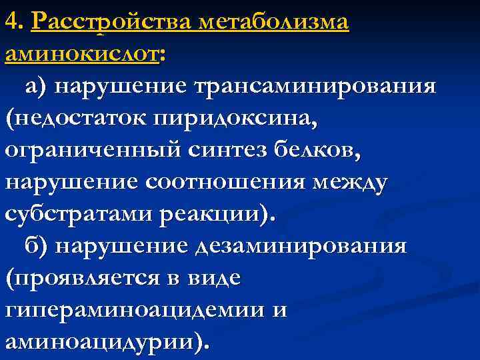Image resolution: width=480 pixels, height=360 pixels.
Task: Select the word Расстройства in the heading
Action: tap(109, 23)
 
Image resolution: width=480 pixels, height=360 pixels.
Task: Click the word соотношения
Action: tap(212, 182)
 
